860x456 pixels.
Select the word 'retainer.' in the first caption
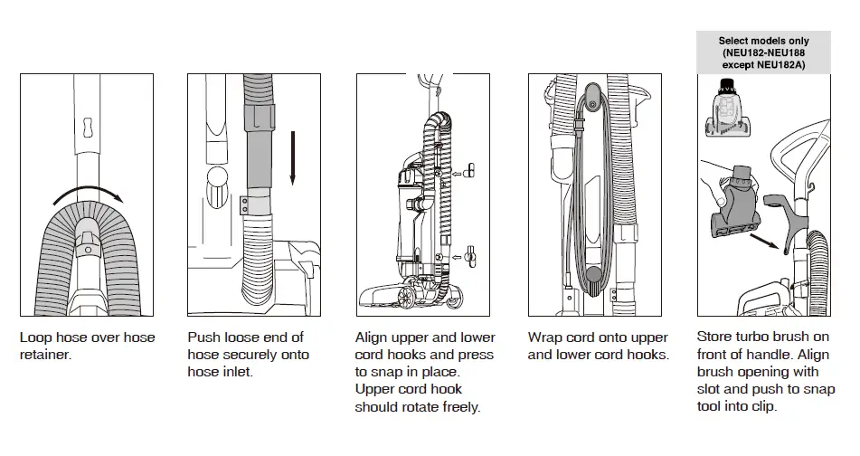coord(45,355)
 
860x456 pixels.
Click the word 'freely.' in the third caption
coord(458,406)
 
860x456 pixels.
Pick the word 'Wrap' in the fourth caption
coord(546,337)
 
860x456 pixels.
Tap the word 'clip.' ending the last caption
coord(762,406)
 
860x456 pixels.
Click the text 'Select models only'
coord(764,41)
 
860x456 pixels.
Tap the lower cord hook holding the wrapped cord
coord(592,277)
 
